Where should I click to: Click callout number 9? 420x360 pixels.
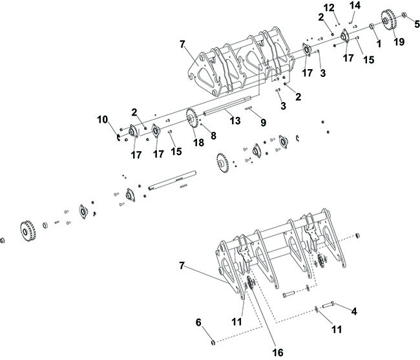click(264, 122)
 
